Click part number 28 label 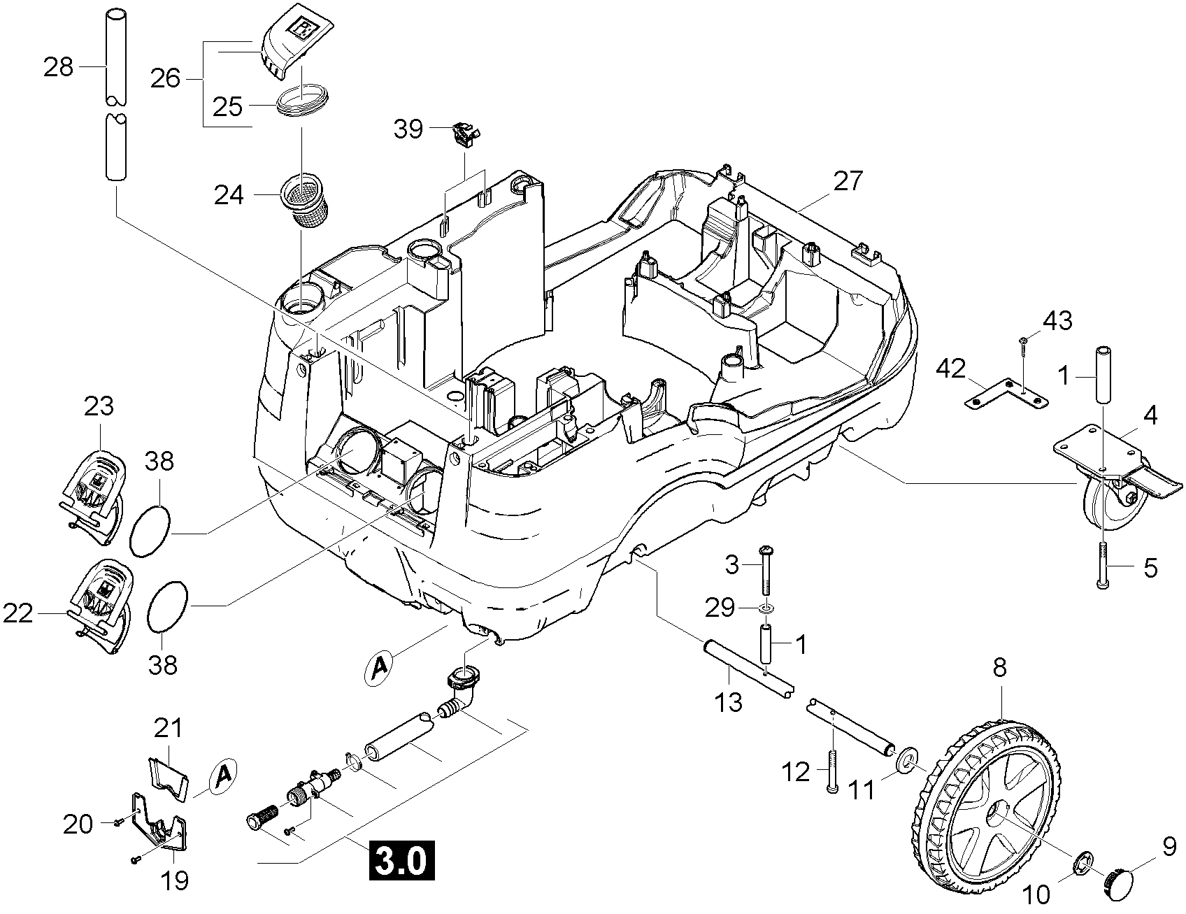(58, 67)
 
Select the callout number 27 (848, 180)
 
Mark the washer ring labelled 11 (906, 759)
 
